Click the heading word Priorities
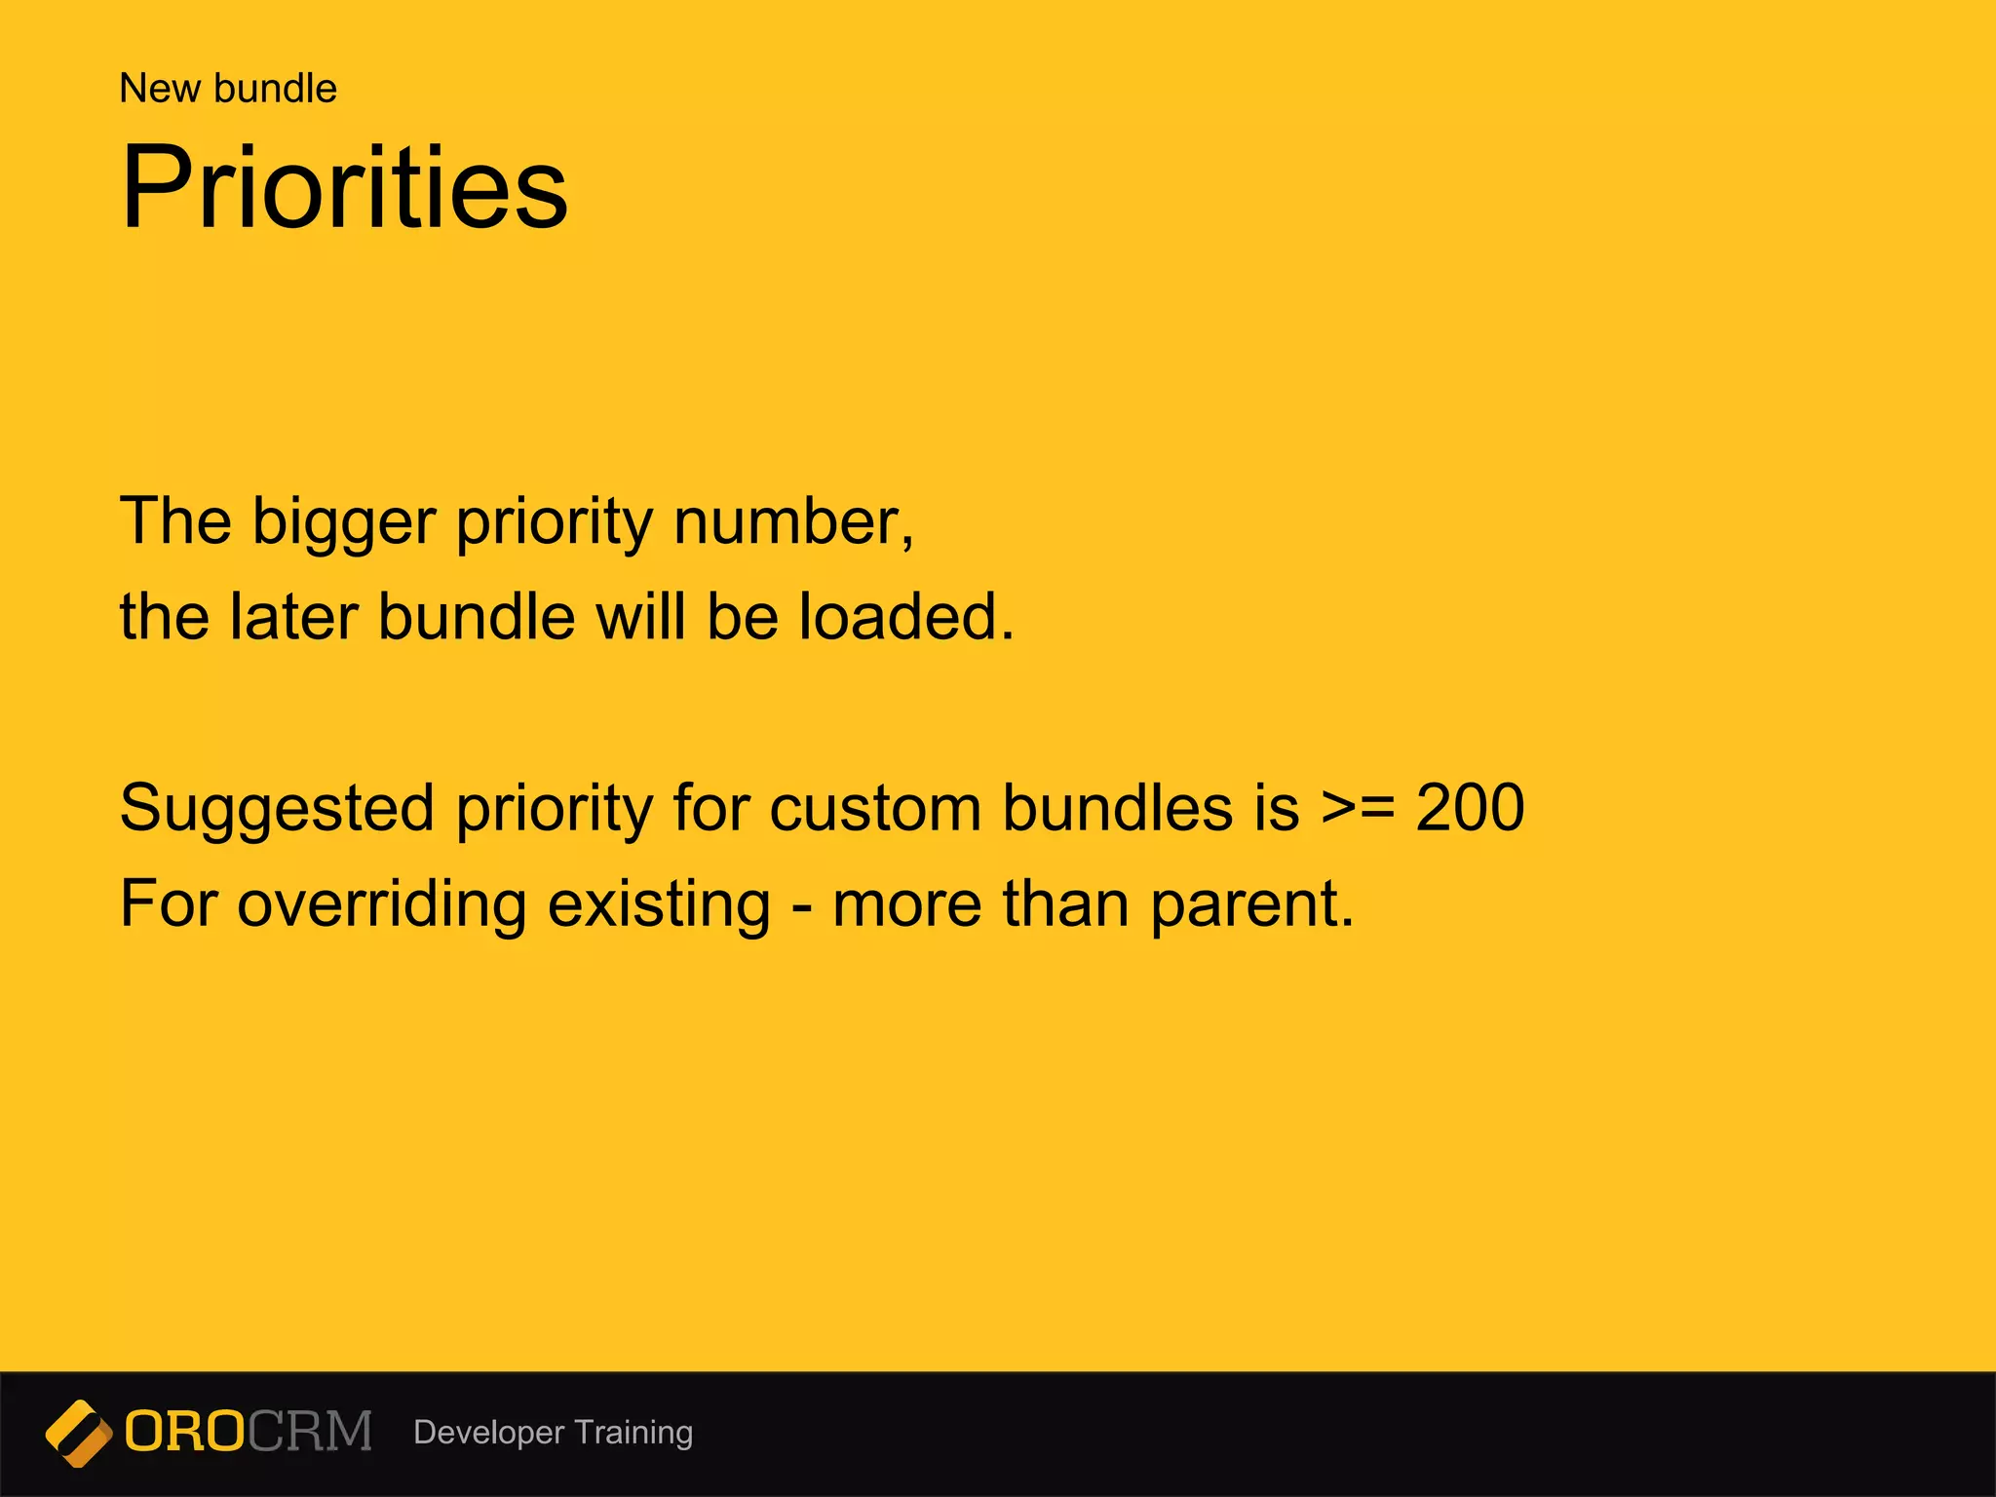[344, 187]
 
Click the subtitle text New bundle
[228, 89]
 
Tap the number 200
[1470, 808]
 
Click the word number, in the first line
[793, 521]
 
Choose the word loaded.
[905, 617]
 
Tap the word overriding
[381, 905]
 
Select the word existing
[659, 905]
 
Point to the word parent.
[1251, 905]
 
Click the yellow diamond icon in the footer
[78, 1433]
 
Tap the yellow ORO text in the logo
[184, 1432]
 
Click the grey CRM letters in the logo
[310, 1432]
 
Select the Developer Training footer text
[553, 1433]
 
